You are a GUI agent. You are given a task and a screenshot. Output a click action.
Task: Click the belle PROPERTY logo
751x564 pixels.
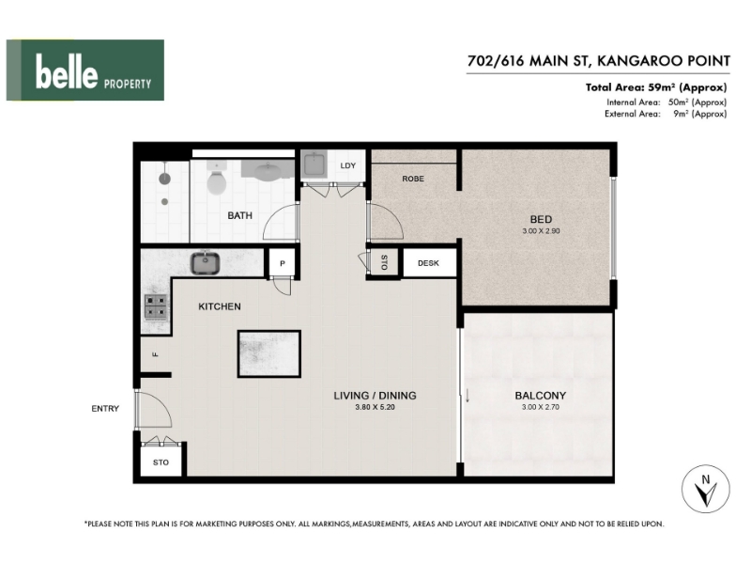pos(85,70)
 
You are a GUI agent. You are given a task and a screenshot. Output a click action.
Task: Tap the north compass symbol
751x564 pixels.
pos(706,489)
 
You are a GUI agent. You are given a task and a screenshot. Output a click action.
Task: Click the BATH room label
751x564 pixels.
pos(240,216)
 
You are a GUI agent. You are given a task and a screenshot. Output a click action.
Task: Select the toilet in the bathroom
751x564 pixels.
pos(217,179)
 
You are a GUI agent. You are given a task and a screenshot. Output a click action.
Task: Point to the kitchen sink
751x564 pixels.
pos(206,263)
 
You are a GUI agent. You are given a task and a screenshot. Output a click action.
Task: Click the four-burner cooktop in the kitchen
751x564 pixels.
pos(156,306)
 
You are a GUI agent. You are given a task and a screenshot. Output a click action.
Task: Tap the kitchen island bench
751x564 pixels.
pos(269,354)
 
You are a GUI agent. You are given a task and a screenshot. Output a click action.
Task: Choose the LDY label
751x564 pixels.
pos(348,166)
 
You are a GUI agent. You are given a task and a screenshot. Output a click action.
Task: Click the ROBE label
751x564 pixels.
pos(413,179)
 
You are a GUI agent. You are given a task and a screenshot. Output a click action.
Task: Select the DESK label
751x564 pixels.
pos(428,263)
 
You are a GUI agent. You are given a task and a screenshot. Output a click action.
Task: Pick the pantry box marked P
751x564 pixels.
pos(283,263)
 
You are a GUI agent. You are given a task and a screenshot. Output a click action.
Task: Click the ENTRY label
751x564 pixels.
pos(105,409)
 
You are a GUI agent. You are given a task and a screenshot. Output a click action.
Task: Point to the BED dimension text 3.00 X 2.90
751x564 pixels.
pos(541,230)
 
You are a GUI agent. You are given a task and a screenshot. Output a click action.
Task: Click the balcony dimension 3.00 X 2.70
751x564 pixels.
pos(541,407)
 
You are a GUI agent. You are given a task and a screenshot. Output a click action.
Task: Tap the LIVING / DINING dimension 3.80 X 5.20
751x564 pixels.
pos(375,407)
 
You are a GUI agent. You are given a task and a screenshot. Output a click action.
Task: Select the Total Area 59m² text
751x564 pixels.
pos(656,87)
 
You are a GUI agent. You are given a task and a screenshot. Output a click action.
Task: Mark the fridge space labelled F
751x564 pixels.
pos(155,354)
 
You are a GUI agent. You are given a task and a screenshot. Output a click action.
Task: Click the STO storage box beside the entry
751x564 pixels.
pos(161,462)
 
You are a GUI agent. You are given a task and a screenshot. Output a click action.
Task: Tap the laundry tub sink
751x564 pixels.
pos(314,164)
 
